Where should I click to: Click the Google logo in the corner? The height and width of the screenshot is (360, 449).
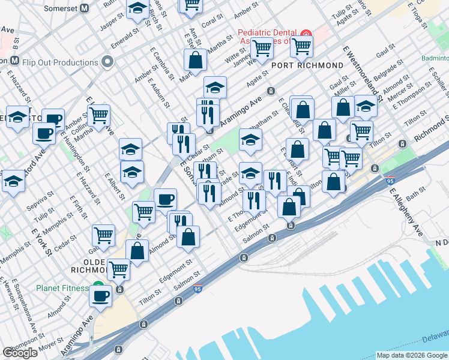click(x=20, y=353)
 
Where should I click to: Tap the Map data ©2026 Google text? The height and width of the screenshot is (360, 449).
click(x=411, y=355)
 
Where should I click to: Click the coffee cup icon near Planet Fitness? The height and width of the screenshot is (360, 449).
click(x=101, y=295)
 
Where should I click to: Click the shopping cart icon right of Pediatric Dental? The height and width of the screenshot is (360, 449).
click(x=301, y=44)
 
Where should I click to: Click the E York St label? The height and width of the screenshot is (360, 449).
click(x=41, y=240)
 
